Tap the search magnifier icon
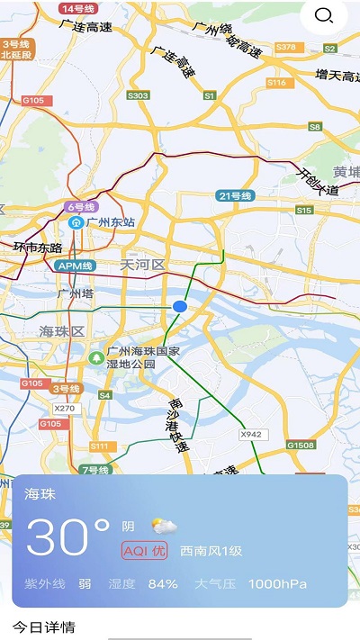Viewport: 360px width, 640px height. pyautogui.click(x=324, y=15)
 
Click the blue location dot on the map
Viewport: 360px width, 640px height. pyautogui.click(x=180, y=307)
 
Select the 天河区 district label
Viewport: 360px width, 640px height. pyautogui.click(x=143, y=265)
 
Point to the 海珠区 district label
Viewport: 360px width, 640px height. pyautogui.click(x=62, y=331)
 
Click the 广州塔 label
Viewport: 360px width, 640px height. pyautogui.click(x=76, y=293)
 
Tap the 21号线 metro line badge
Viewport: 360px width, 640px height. pyautogui.click(x=235, y=195)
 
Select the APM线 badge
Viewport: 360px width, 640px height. pyautogui.click(x=75, y=266)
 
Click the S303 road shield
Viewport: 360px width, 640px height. pyautogui.click(x=138, y=95)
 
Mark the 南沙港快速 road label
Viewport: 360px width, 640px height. pyautogui.click(x=178, y=423)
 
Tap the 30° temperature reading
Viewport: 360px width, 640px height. pyautogui.click(x=67, y=536)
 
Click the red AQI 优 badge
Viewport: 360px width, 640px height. pyautogui.click(x=144, y=550)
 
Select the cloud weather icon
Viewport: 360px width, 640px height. pyautogui.click(x=164, y=527)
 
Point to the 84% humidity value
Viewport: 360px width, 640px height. pyautogui.click(x=163, y=583)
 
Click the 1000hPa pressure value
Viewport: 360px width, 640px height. pyautogui.click(x=278, y=583)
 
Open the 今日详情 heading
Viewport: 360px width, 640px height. pyautogui.click(x=43, y=626)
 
